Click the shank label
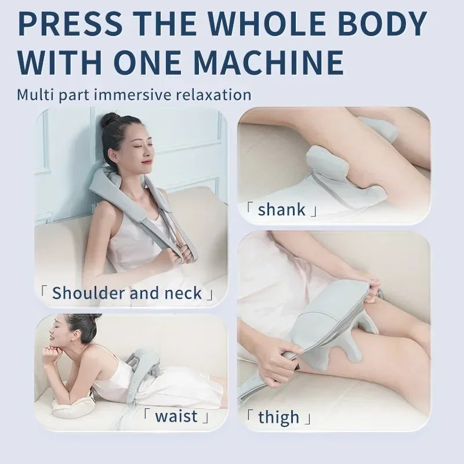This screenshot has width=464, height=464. point(281,209)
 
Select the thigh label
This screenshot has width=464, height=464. point(279,417)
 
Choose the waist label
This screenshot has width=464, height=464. point(176,416)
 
